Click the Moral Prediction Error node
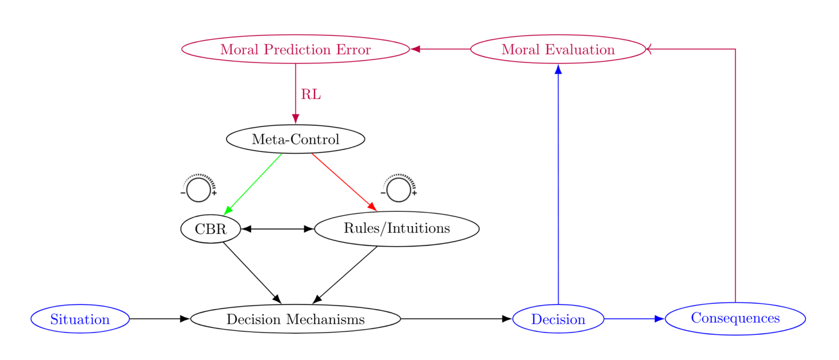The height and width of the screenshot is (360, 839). pyautogui.click(x=295, y=49)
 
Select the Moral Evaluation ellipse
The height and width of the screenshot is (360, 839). pyautogui.click(x=558, y=49)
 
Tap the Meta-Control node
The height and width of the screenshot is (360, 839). pyautogui.click(x=295, y=139)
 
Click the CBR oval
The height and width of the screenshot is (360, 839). pyautogui.click(x=210, y=229)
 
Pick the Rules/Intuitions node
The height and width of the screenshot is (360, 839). pyautogui.click(x=396, y=229)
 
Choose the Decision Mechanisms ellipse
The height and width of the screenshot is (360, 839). pyautogui.click(x=295, y=319)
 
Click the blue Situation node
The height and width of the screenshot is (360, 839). pyautogui.click(x=80, y=319)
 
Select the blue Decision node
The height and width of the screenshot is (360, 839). pyautogui.click(x=558, y=319)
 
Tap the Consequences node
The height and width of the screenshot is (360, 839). pyautogui.click(x=735, y=319)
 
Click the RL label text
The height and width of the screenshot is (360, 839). pyautogui.click(x=311, y=95)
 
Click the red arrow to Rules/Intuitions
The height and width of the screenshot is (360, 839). pyautogui.click(x=344, y=182)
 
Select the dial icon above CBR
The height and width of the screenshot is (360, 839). pyautogui.click(x=199, y=188)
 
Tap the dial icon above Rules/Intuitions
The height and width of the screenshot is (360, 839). pyautogui.click(x=399, y=188)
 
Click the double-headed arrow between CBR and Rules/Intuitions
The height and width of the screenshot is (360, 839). pyautogui.click(x=277, y=229)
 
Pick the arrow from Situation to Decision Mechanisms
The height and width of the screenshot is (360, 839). pyautogui.click(x=159, y=319)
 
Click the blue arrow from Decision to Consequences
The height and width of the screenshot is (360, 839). pyautogui.click(x=634, y=319)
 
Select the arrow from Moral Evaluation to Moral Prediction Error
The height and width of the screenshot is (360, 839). pyautogui.click(x=440, y=49)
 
